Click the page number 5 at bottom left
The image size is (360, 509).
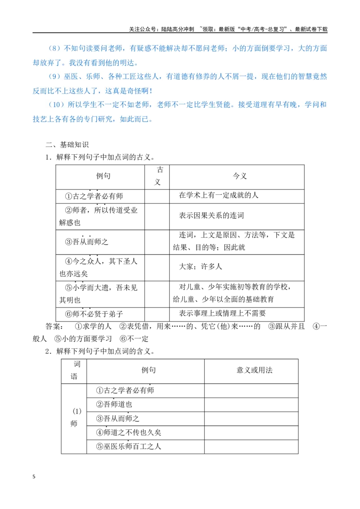pyautogui.click(x=34, y=477)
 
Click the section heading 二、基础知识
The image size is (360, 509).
pyautogui.click(x=67, y=145)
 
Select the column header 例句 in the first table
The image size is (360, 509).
pyautogui.click(x=103, y=176)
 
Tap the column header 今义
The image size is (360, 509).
pyautogui.click(x=240, y=176)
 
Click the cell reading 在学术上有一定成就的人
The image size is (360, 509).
pyautogui.click(x=219, y=195)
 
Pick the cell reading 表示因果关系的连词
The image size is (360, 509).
pyautogui.click(x=211, y=215)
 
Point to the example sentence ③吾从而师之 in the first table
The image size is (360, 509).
pyautogui.click(x=86, y=241)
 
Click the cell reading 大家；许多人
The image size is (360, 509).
pyautogui.click(x=200, y=267)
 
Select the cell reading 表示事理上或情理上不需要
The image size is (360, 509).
pyautogui.click(x=222, y=313)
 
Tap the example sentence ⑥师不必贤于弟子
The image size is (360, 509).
pyautogui.click(x=94, y=314)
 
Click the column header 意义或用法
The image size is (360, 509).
pyautogui.click(x=254, y=370)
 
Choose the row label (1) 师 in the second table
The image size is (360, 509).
pyautogui.click(x=74, y=417)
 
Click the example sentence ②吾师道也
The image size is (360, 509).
pyautogui.click(x=114, y=404)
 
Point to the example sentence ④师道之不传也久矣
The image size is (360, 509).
pyautogui.click(x=129, y=433)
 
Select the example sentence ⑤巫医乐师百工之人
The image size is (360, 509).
pyautogui.click(x=129, y=446)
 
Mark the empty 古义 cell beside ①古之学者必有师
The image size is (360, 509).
pyautogui.click(x=157, y=196)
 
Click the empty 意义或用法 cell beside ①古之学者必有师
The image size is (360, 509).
pyautogui.click(x=251, y=391)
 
